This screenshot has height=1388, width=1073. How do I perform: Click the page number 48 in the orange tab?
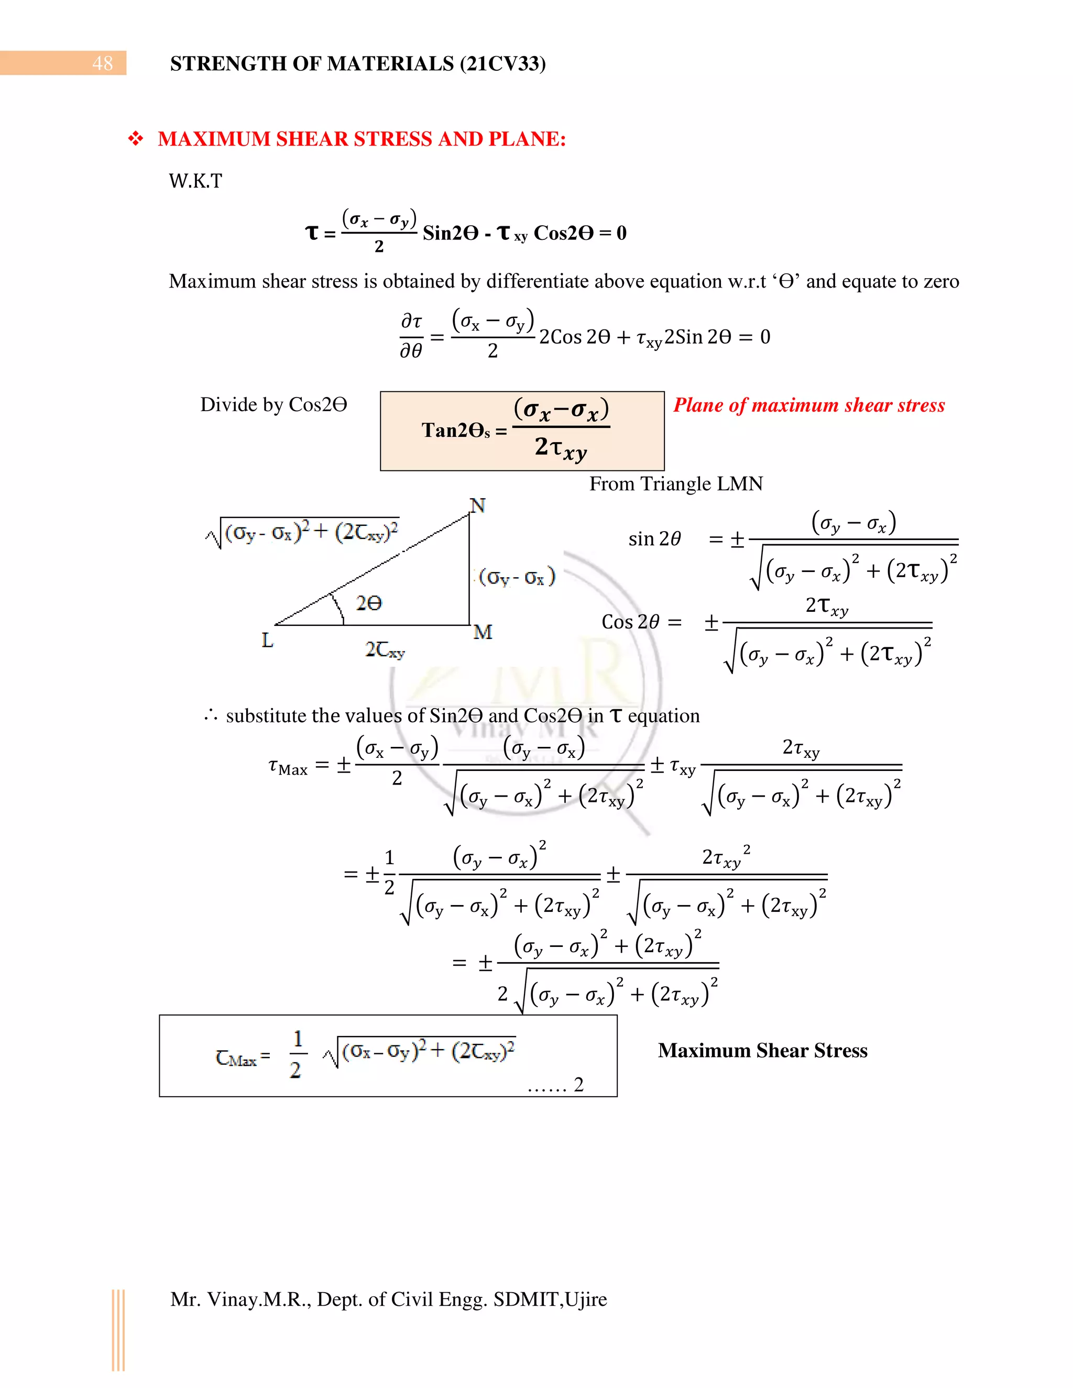(x=102, y=63)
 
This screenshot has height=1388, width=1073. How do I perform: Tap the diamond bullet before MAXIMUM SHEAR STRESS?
(x=135, y=139)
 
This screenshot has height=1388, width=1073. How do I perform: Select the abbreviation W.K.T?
(x=195, y=181)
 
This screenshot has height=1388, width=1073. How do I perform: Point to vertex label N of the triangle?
(x=477, y=506)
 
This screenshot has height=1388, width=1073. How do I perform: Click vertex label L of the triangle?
(x=267, y=640)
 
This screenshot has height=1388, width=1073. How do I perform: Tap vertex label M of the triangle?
(x=483, y=632)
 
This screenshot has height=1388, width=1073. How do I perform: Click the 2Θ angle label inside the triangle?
(x=369, y=602)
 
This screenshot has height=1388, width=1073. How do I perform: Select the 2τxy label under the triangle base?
(x=385, y=649)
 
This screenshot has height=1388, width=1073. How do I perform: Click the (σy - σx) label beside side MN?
(x=517, y=577)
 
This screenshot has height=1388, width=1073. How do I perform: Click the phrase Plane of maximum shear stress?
(x=808, y=405)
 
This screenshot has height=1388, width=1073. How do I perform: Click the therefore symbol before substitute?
(x=211, y=716)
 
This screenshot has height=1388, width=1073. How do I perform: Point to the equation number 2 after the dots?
(x=578, y=1084)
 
